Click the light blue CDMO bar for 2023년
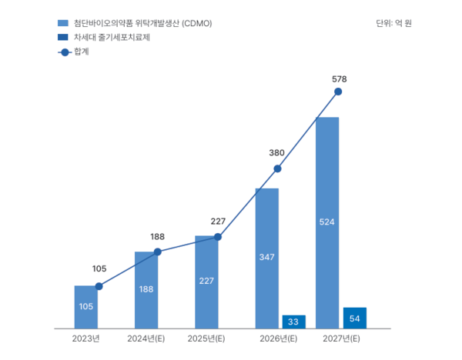point(86,307)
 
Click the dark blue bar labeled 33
point(293,322)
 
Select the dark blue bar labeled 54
point(354,318)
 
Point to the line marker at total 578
point(338,92)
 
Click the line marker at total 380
point(277,168)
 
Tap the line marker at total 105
point(98,286)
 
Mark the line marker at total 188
point(158,252)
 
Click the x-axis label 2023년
point(86,338)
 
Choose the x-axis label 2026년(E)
point(279,338)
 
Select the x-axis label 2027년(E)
point(341,338)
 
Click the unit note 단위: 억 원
point(393,23)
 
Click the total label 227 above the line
point(218,222)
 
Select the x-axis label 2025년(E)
point(206,338)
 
